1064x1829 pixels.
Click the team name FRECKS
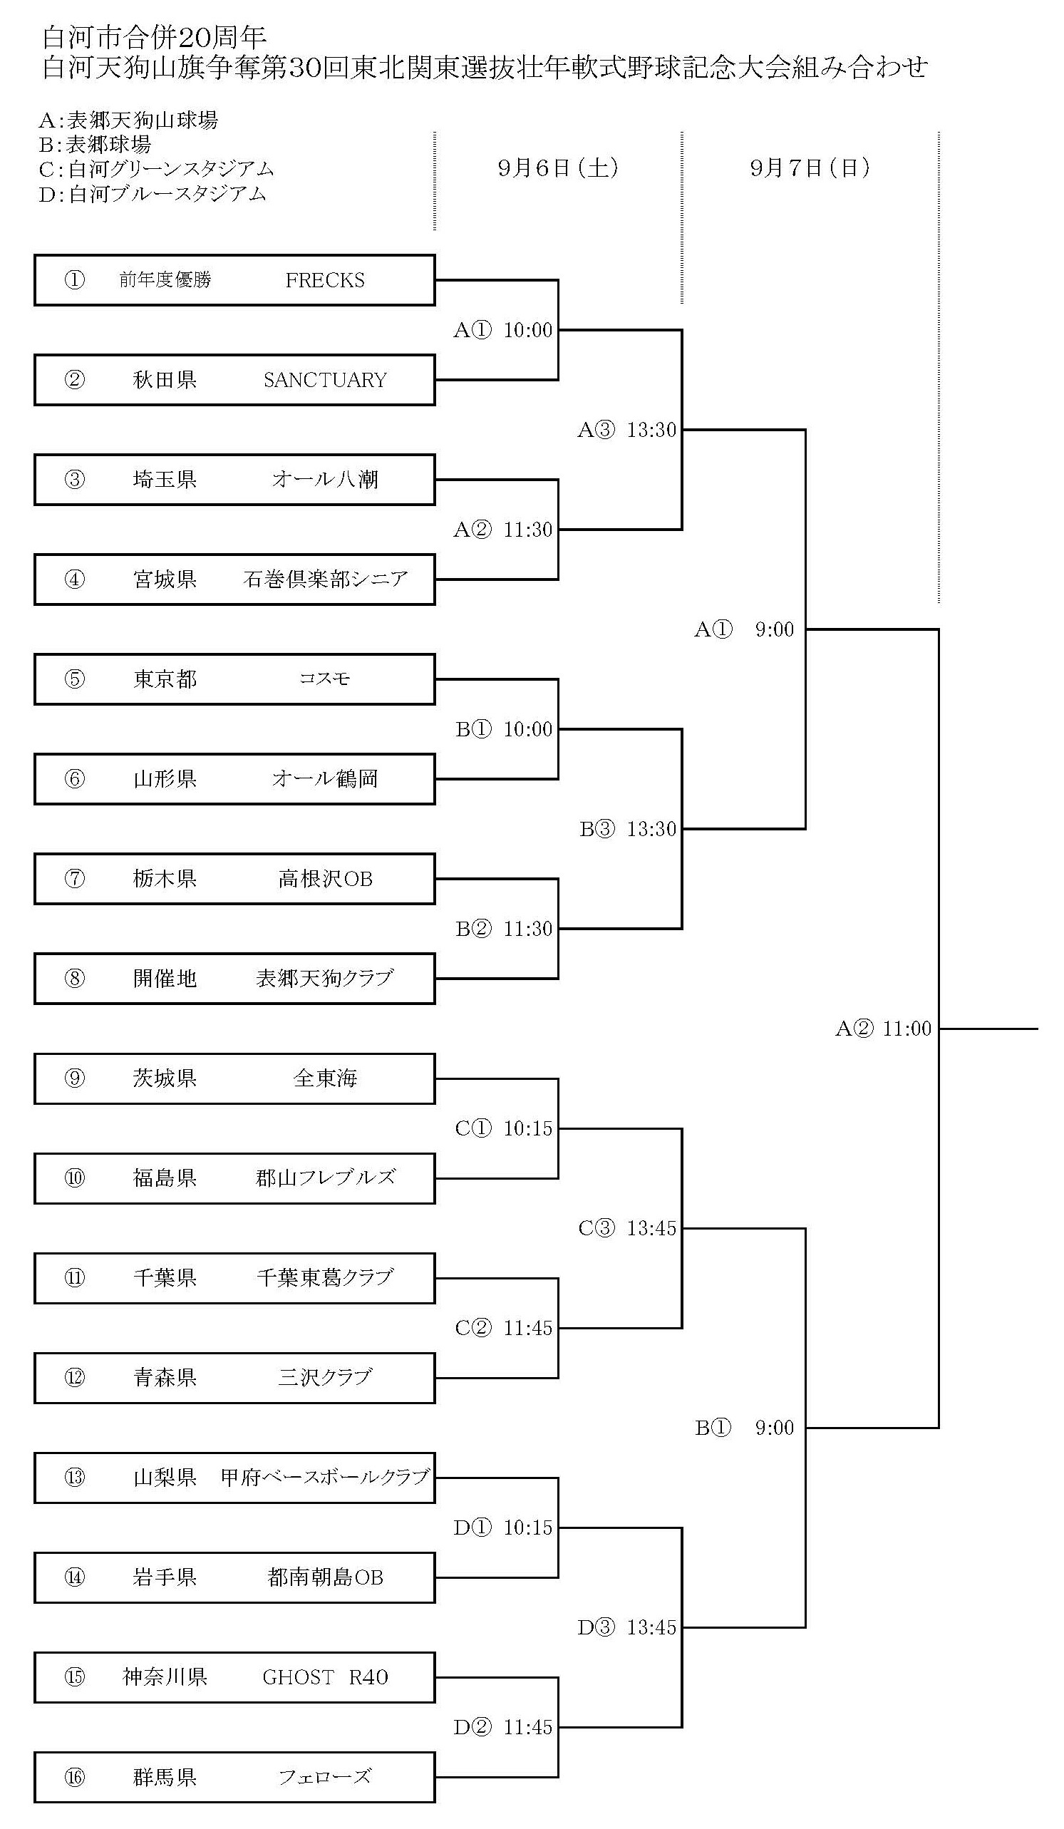tap(324, 280)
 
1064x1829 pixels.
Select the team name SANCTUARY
tap(324, 380)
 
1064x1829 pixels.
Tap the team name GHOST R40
tap(324, 1676)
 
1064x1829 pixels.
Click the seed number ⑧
tap(75, 979)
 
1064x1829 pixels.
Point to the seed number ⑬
tap(75, 1477)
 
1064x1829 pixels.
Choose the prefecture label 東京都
tap(165, 679)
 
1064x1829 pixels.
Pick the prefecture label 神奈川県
tap(165, 1676)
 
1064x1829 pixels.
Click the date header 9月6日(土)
tap(557, 168)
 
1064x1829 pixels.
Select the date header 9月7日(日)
tap(810, 168)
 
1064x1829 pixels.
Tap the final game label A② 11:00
tap(882, 1029)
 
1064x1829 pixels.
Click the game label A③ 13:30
tap(626, 430)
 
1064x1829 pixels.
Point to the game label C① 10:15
tap(503, 1128)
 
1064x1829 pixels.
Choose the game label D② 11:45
tap(503, 1726)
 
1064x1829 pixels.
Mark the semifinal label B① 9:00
tap(744, 1428)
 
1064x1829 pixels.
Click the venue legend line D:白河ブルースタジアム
tap(153, 194)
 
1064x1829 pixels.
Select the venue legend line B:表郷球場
tap(95, 145)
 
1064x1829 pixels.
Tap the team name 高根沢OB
tap(324, 879)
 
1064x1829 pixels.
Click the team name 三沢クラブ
tap(324, 1378)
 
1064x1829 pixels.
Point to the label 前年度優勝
tap(165, 280)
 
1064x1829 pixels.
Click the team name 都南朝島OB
tap(324, 1577)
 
